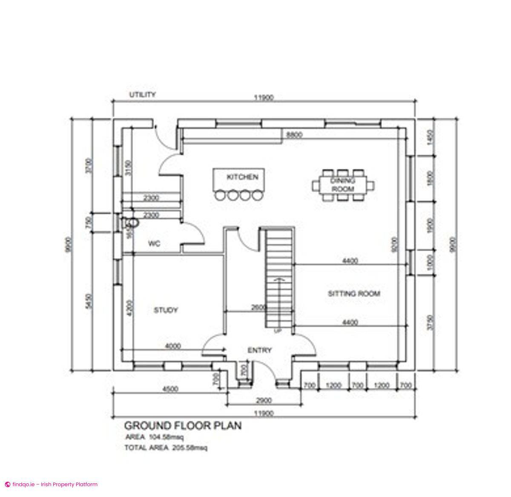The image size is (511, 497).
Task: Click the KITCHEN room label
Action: click(x=242, y=176)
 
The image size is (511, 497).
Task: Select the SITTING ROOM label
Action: click(x=353, y=294)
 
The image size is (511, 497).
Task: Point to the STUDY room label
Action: click(x=166, y=310)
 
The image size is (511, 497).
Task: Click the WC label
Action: click(x=154, y=244)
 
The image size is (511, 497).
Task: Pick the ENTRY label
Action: click(x=259, y=350)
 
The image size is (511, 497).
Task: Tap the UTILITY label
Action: click(x=143, y=95)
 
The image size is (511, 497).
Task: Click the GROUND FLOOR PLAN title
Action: click(x=183, y=425)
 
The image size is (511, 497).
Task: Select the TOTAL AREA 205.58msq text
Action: click(x=166, y=448)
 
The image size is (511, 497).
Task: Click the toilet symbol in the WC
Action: click(x=131, y=222)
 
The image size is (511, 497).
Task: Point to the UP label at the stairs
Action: click(x=278, y=331)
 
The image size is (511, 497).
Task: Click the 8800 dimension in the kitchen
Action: click(x=294, y=135)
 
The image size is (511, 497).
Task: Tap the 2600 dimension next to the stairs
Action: click(x=259, y=307)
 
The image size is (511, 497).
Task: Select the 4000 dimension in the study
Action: click(x=173, y=345)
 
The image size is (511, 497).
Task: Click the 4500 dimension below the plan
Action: click(x=170, y=389)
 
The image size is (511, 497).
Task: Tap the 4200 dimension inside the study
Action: click(x=130, y=308)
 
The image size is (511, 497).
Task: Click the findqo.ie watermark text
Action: click(x=51, y=484)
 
